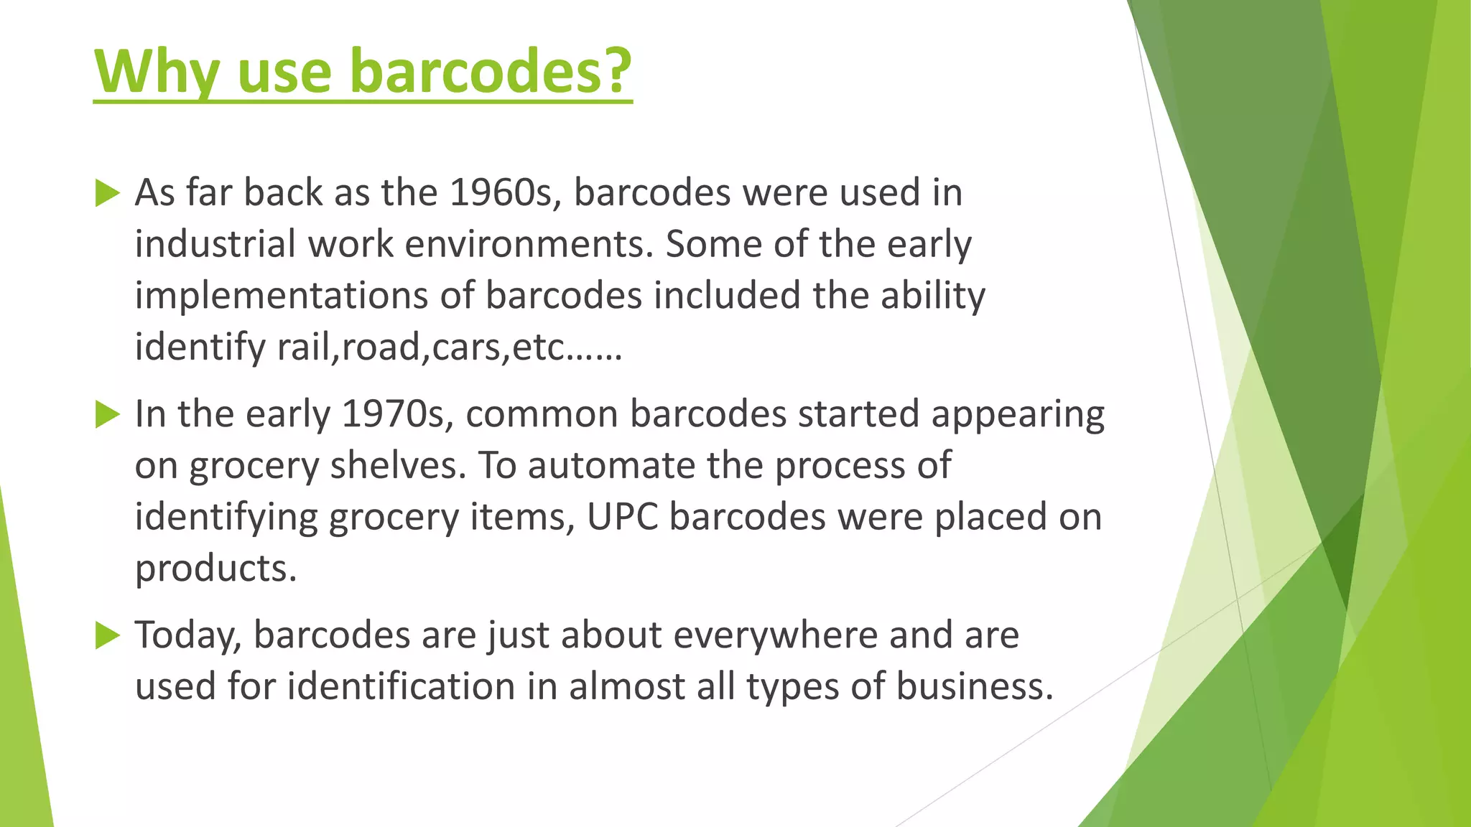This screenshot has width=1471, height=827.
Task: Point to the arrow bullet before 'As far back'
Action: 107,193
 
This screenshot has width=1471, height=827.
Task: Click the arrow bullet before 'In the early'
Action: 107,414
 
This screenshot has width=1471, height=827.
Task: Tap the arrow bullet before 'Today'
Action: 107,635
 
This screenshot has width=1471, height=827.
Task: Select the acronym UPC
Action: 622,518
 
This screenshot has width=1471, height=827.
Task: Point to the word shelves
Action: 398,466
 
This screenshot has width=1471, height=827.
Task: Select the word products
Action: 215,569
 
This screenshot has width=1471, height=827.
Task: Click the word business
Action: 974,687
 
